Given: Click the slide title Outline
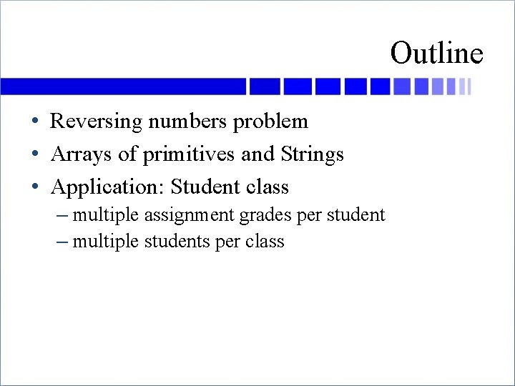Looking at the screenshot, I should click(x=436, y=53).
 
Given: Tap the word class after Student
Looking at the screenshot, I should click(x=267, y=187).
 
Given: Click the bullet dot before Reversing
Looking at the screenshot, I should click(x=35, y=122).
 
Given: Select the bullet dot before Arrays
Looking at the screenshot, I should click(x=35, y=155).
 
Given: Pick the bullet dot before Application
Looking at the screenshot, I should click(x=35, y=188).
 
